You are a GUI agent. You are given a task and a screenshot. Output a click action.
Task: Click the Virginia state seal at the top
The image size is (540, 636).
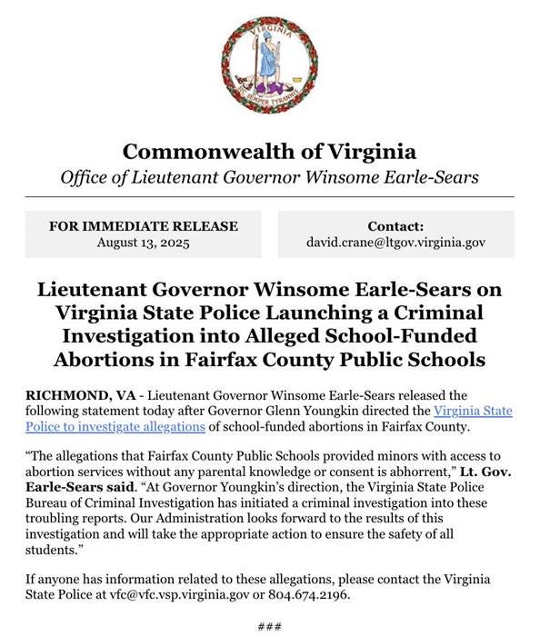click(270, 68)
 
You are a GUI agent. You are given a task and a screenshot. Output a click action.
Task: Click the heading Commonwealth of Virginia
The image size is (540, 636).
click(270, 151)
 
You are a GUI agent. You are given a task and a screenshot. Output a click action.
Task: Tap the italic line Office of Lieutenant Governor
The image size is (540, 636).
click(270, 176)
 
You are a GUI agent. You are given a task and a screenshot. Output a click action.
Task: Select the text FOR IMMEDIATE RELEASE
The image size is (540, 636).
click(145, 226)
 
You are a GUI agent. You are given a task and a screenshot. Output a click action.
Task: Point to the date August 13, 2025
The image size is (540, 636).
click(145, 243)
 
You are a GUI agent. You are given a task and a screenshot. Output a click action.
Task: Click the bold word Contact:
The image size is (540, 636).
click(395, 226)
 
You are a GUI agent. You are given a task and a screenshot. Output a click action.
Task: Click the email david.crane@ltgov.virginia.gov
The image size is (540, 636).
click(395, 243)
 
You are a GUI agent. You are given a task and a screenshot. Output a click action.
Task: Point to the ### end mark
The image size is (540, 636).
click(270, 625)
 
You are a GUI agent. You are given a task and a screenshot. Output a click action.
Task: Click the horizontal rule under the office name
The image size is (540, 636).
click(270, 196)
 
